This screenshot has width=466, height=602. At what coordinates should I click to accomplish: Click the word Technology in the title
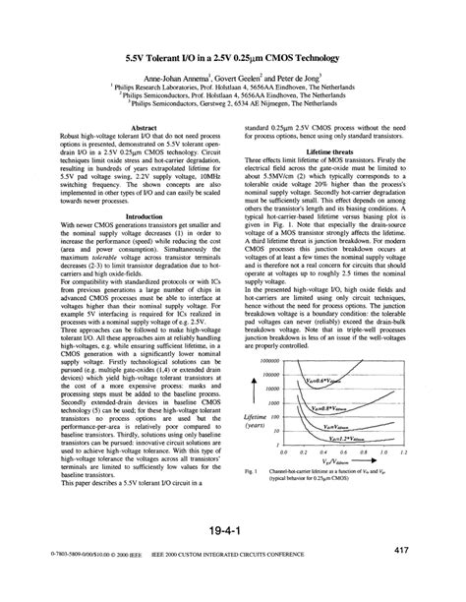327,58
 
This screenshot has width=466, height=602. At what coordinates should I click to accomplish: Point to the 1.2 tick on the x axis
403,451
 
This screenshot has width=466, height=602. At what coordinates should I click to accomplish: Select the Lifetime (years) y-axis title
256,423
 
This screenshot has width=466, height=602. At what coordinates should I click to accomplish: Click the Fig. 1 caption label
251,471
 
